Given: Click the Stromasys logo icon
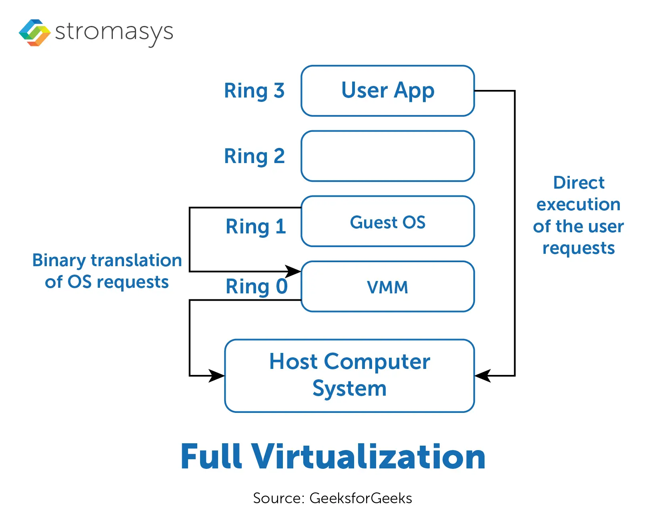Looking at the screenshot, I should tap(34, 33).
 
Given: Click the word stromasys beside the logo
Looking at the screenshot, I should tap(114, 32).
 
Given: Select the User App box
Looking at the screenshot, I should tap(387, 91).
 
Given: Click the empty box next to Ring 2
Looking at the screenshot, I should tap(387, 156).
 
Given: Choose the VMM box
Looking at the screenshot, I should tap(387, 287).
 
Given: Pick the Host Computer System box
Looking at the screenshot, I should tap(349, 375).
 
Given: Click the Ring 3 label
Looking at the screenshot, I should tap(254, 91).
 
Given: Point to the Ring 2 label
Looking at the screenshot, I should tap(254, 156).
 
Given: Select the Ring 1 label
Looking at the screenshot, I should tap(256, 227).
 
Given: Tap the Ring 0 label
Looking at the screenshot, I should tap(256, 287).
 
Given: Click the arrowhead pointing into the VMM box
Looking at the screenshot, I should tap(294, 271).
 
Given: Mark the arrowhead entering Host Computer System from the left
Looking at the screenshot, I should tap(217, 376).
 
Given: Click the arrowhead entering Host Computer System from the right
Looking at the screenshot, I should tap(482, 376).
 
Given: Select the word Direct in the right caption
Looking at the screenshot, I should tap(579, 183).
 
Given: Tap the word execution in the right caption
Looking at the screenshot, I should tap(579, 205).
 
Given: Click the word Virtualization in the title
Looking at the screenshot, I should tap(368, 456).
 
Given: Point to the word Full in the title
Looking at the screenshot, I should tap(211, 456).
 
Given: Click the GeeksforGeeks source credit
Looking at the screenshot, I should tap(361, 498).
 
